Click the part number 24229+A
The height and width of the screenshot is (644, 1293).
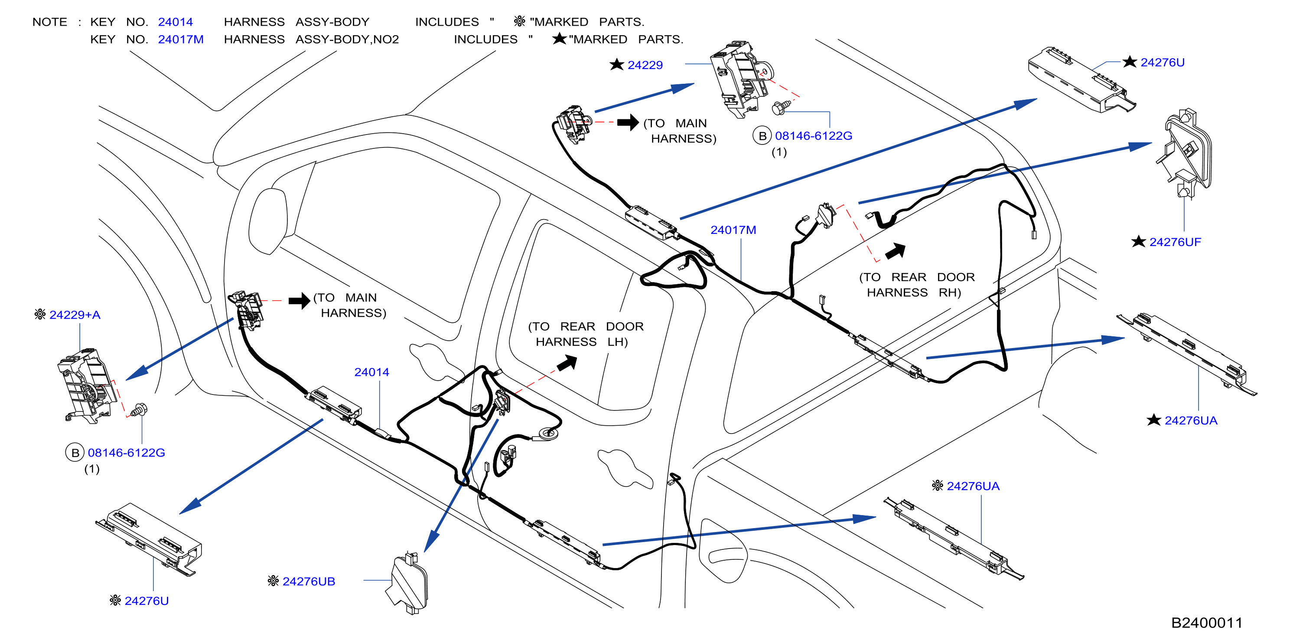(x=75, y=315)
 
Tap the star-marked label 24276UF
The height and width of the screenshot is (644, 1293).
(x=1175, y=242)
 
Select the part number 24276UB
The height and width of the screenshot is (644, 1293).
(x=309, y=581)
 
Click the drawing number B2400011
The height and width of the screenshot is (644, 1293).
(x=1207, y=623)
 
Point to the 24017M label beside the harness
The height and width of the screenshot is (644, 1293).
(x=733, y=230)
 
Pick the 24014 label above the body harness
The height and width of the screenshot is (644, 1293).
(x=371, y=372)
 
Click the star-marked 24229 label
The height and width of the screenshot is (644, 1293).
(x=645, y=65)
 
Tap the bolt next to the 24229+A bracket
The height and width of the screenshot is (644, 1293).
(x=139, y=410)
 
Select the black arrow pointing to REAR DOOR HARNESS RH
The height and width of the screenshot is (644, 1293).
(x=896, y=251)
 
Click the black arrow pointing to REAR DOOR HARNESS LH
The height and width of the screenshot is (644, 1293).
(x=567, y=362)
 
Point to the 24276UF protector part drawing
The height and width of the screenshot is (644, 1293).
(x=1186, y=153)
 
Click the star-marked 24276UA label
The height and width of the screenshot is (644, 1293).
(x=1191, y=421)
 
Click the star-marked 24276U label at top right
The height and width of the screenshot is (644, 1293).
(x=1162, y=63)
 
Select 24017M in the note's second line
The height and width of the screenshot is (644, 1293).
(x=181, y=39)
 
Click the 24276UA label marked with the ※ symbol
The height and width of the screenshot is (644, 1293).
(x=973, y=486)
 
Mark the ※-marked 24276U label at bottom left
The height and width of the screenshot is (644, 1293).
(x=147, y=601)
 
